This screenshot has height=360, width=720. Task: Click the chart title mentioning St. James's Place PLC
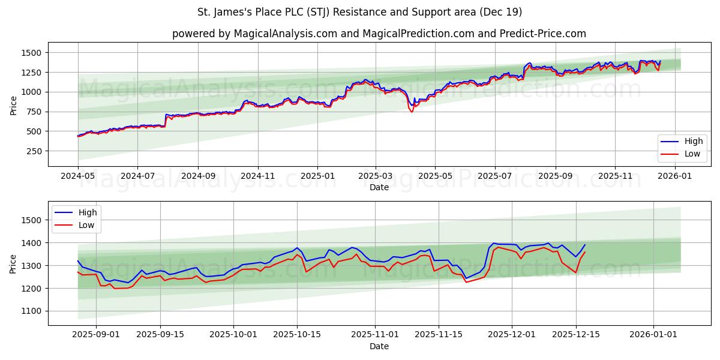click(359, 12)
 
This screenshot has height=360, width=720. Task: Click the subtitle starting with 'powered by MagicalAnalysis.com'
click(379, 34)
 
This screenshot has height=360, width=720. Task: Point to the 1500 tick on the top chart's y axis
click(31, 53)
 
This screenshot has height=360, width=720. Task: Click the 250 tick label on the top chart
click(33, 151)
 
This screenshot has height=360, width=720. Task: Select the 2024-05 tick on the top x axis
click(78, 176)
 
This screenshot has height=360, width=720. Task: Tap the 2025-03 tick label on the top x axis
click(376, 176)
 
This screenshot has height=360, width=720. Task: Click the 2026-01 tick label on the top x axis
click(675, 176)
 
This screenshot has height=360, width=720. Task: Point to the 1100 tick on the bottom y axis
click(31, 311)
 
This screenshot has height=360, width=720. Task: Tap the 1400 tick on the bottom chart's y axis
click(31, 243)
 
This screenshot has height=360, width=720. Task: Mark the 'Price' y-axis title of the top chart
click(13, 106)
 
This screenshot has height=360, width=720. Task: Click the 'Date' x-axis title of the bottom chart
click(379, 346)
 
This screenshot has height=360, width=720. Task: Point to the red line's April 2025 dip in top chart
click(412, 112)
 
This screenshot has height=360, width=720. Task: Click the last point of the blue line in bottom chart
click(585, 244)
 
